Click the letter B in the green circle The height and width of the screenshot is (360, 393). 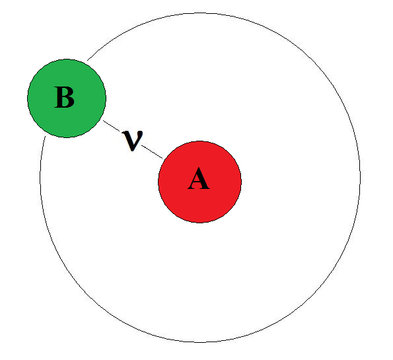(x=65, y=97)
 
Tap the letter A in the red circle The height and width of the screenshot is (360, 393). (x=199, y=178)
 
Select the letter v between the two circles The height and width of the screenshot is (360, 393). (x=132, y=141)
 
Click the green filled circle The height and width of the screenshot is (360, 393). (x=67, y=98)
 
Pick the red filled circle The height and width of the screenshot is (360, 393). (x=199, y=182)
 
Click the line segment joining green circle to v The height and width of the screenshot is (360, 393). (x=112, y=126)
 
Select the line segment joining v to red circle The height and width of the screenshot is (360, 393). (x=152, y=152)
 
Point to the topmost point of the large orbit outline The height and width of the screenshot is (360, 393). (x=200, y=13)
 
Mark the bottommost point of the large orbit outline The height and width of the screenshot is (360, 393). (x=200, y=342)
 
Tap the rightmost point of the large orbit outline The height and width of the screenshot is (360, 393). (x=361, y=178)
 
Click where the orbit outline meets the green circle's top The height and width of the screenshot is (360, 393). (x=87, y=60)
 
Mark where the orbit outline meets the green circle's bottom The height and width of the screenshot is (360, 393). (x=45, y=136)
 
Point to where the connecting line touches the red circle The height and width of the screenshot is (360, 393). (x=162, y=159)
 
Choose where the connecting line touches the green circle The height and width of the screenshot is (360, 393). (x=103, y=121)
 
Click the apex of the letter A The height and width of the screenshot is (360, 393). (x=199, y=168)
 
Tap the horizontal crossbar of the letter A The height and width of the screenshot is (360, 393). (x=198, y=182)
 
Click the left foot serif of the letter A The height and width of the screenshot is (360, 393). (x=192, y=188)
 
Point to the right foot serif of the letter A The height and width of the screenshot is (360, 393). (x=205, y=188)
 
